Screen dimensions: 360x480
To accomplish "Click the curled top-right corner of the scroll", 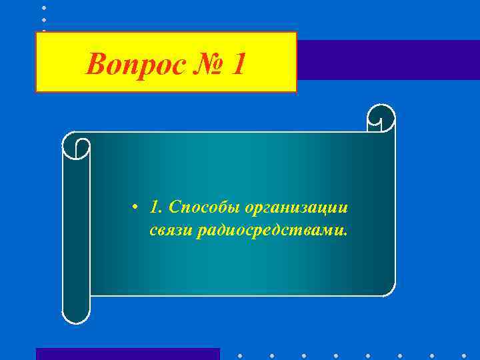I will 381,118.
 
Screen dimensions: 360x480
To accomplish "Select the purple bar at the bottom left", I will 127,353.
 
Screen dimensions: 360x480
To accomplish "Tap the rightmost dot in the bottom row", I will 465,355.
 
